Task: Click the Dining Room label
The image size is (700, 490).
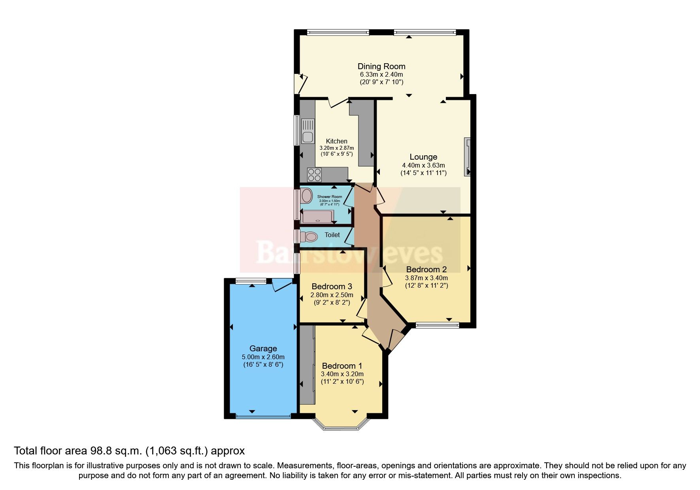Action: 381,66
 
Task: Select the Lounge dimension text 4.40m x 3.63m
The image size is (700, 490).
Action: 423,165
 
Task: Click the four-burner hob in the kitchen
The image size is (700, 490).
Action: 315,174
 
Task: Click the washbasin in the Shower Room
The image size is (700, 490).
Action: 306,195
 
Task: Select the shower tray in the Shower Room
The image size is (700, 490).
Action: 317,217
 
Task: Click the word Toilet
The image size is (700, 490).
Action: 332,235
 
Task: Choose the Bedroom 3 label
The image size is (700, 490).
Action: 332,286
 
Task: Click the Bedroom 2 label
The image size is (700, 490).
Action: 426,269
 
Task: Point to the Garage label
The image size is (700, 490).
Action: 263,349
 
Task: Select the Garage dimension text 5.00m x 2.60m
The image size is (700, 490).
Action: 263,357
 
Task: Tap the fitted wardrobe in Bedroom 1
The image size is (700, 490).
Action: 307,364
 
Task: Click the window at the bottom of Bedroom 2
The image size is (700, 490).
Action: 437,326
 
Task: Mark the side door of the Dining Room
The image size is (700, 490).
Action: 300,83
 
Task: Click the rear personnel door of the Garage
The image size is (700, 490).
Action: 281,285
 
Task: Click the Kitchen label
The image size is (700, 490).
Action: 336,141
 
